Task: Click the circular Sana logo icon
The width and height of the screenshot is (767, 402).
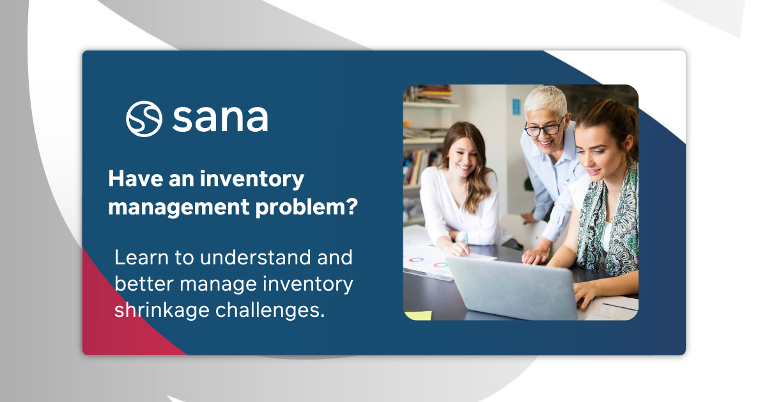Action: click(144, 118)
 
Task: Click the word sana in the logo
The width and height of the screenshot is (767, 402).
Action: click(220, 118)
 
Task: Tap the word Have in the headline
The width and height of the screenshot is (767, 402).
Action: click(136, 179)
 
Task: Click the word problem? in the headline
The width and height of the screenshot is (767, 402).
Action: click(306, 207)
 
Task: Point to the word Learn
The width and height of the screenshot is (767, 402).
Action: click(141, 257)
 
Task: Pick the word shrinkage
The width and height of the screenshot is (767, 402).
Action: click(162, 310)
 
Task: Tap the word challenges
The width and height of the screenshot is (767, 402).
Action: click(270, 310)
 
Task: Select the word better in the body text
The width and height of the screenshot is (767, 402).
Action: click(143, 284)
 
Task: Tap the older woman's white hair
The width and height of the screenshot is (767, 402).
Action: click(545, 102)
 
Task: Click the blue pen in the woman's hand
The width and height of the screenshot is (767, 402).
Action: click(467, 243)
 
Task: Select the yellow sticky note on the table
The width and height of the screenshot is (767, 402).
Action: click(419, 316)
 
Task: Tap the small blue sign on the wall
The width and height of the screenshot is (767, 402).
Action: click(516, 106)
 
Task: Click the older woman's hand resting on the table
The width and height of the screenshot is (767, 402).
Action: click(535, 255)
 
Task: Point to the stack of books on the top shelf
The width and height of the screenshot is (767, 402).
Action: click(433, 94)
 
